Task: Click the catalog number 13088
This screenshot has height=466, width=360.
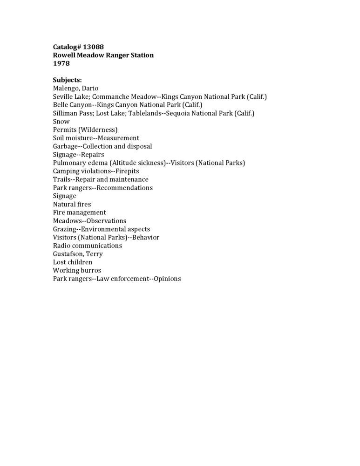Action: pos(93,47)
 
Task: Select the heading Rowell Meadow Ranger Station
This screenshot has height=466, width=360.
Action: pos(103,55)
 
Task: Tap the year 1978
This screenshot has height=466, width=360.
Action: pos(61,64)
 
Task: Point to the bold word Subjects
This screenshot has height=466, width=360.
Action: pos(67,80)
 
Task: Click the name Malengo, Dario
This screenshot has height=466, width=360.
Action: pos(75,89)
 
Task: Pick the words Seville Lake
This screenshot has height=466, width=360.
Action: pos(68,97)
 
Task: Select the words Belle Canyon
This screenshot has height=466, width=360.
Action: pos(72,105)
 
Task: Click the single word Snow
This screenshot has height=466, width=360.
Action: pos(61,122)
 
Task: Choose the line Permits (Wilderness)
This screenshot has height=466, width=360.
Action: pos(85,130)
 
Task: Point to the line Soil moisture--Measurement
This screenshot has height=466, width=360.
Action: pos(96,138)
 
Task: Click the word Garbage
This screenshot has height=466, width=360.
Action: pos(65,146)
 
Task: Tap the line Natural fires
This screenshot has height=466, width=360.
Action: pos(72,204)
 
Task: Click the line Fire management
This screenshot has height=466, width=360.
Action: pos(79,212)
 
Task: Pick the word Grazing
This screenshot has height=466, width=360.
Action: pos(64,229)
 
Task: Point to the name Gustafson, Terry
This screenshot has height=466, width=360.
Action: pos(78,254)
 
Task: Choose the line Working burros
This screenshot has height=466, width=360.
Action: pos(77,270)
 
